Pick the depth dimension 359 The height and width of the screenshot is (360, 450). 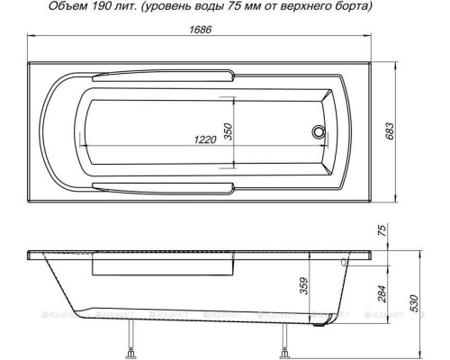coord(304,286)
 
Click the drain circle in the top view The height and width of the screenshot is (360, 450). coord(318,131)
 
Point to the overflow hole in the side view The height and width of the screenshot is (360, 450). coord(346,263)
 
